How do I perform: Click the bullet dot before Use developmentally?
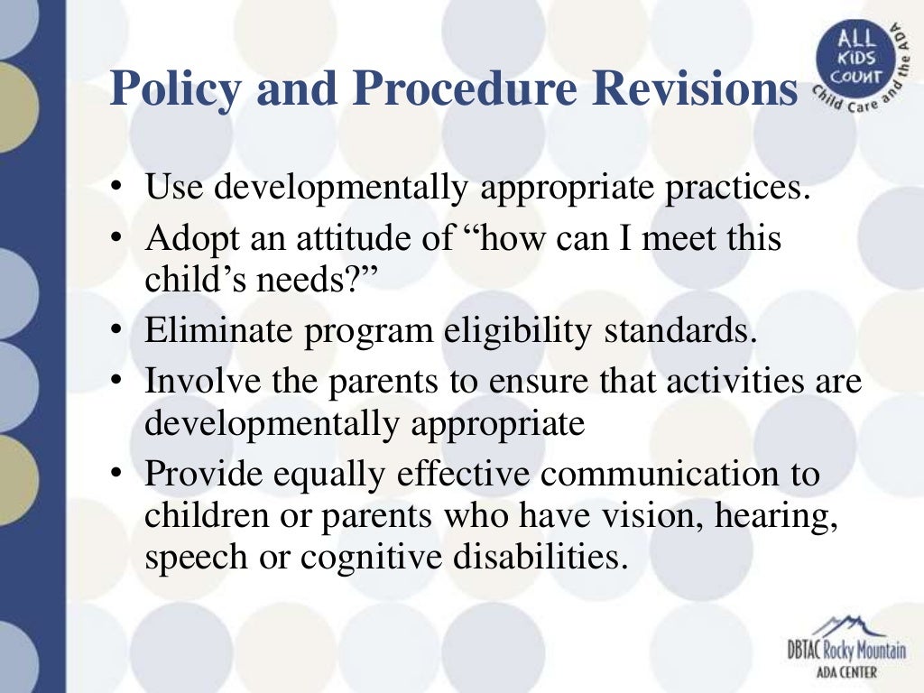(117, 190)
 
